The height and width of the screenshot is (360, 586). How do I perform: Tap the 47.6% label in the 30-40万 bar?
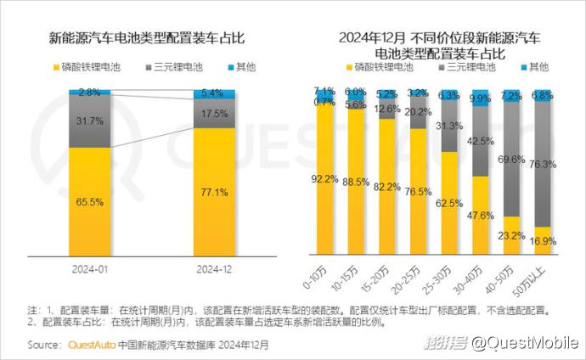coord(480,215)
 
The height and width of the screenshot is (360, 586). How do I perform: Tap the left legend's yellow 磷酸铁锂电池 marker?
coord(55,65)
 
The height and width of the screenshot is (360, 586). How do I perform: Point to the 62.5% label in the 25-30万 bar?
coord(449,203)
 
